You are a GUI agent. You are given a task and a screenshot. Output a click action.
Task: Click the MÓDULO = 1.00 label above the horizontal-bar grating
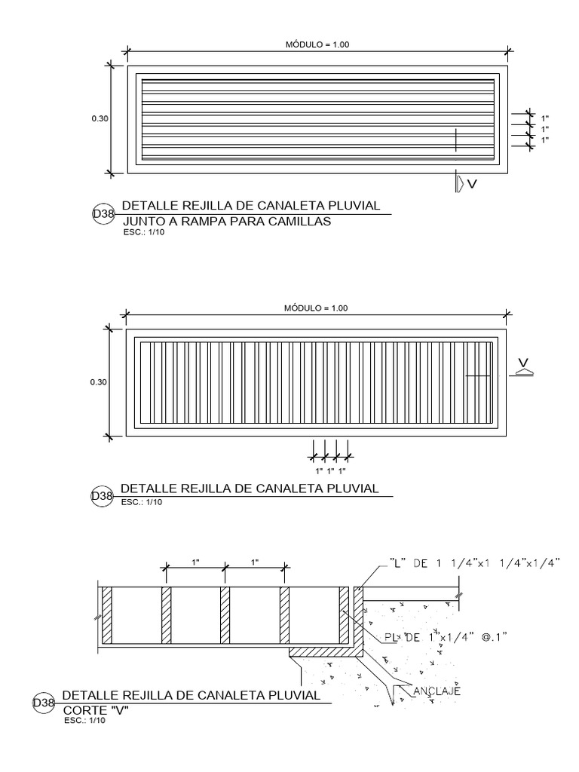317,44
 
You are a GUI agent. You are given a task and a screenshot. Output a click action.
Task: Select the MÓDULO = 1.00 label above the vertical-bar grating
316,308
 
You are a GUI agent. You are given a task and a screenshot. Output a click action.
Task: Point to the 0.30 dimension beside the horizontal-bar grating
100,118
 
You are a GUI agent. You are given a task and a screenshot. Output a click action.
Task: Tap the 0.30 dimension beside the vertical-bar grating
99,382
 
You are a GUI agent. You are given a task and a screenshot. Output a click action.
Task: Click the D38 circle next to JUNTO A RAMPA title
103,213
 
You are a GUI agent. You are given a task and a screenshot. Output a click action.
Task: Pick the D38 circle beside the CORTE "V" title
43,703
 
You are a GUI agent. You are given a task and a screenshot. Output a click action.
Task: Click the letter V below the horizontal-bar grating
472,184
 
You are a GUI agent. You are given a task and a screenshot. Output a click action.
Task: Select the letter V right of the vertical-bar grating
523,364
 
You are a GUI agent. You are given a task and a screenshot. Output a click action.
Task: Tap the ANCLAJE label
437,691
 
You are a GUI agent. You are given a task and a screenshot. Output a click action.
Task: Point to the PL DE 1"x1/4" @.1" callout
446,638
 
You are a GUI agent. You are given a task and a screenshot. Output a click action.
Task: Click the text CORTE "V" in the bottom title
96,710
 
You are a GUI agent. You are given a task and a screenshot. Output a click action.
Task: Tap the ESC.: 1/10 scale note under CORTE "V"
84,721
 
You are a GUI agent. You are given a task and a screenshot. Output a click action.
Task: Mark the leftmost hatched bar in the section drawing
107,615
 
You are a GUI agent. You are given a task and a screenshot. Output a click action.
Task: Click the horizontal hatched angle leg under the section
326,652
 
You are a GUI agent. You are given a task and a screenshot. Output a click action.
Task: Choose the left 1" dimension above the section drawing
195,562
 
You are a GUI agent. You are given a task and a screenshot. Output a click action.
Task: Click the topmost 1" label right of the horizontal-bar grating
545,118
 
